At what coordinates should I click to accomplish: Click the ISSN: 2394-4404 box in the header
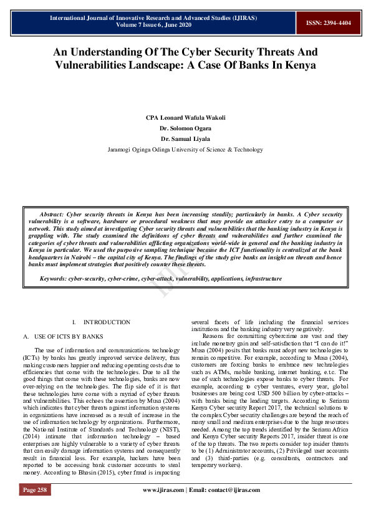point(328,23)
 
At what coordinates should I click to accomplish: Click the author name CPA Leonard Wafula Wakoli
point(185,118)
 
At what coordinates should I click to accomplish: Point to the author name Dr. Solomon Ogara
point(185,128)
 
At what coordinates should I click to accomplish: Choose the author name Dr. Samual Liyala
point(185,138)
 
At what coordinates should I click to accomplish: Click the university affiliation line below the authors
point(185,150)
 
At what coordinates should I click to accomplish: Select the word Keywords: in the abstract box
point(53,279)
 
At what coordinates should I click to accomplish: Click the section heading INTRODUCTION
point(107,322)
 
